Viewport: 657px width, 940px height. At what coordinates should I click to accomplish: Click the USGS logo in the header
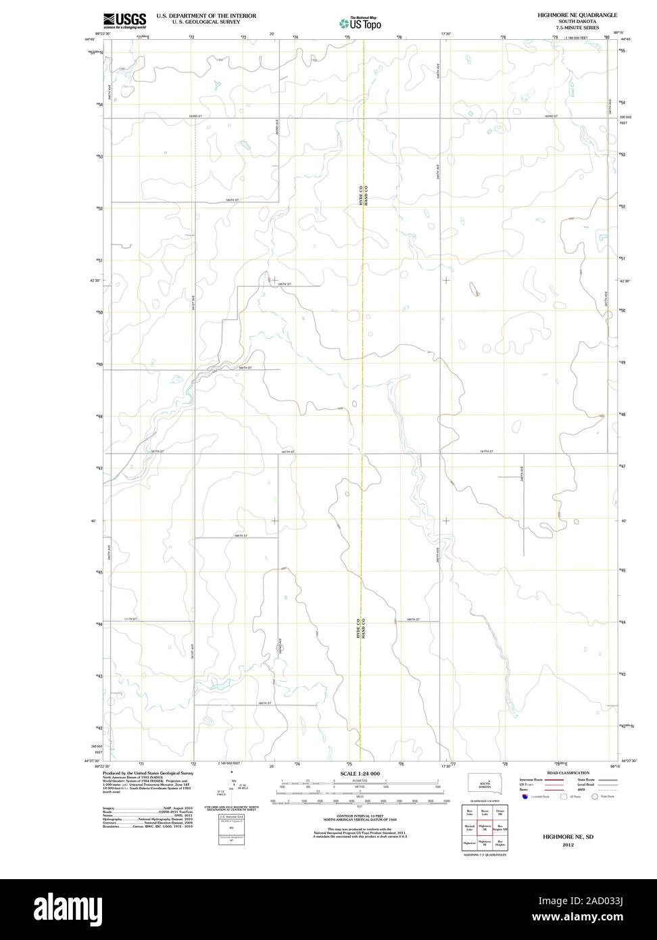point(124,20)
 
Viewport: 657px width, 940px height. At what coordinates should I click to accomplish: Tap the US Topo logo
point(360,23)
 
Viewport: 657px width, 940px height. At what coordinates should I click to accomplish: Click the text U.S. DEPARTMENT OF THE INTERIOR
point(206,15)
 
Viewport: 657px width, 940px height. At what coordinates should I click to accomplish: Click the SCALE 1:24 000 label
point(360,773)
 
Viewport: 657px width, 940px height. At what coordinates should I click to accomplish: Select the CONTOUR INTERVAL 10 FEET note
point(360,817)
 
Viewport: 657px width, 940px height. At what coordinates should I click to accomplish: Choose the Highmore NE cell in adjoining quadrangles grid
point(485,826)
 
